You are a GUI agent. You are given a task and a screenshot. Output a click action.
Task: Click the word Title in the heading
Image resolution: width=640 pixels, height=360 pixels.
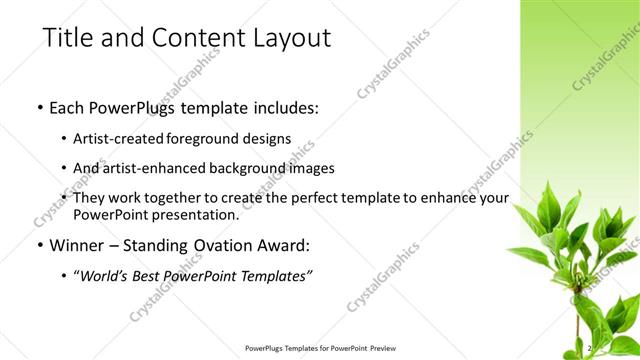tap(67, 39)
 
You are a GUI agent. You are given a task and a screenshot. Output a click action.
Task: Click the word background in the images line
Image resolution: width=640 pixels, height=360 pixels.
tap(249, 169)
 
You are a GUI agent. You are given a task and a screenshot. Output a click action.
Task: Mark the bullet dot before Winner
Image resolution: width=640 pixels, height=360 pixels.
tap(38, 246)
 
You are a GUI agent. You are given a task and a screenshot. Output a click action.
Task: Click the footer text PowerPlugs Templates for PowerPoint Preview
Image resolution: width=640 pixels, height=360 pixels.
tap(319, 349)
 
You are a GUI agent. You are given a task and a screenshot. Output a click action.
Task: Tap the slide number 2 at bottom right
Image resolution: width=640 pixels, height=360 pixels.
tap(590, 348)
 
